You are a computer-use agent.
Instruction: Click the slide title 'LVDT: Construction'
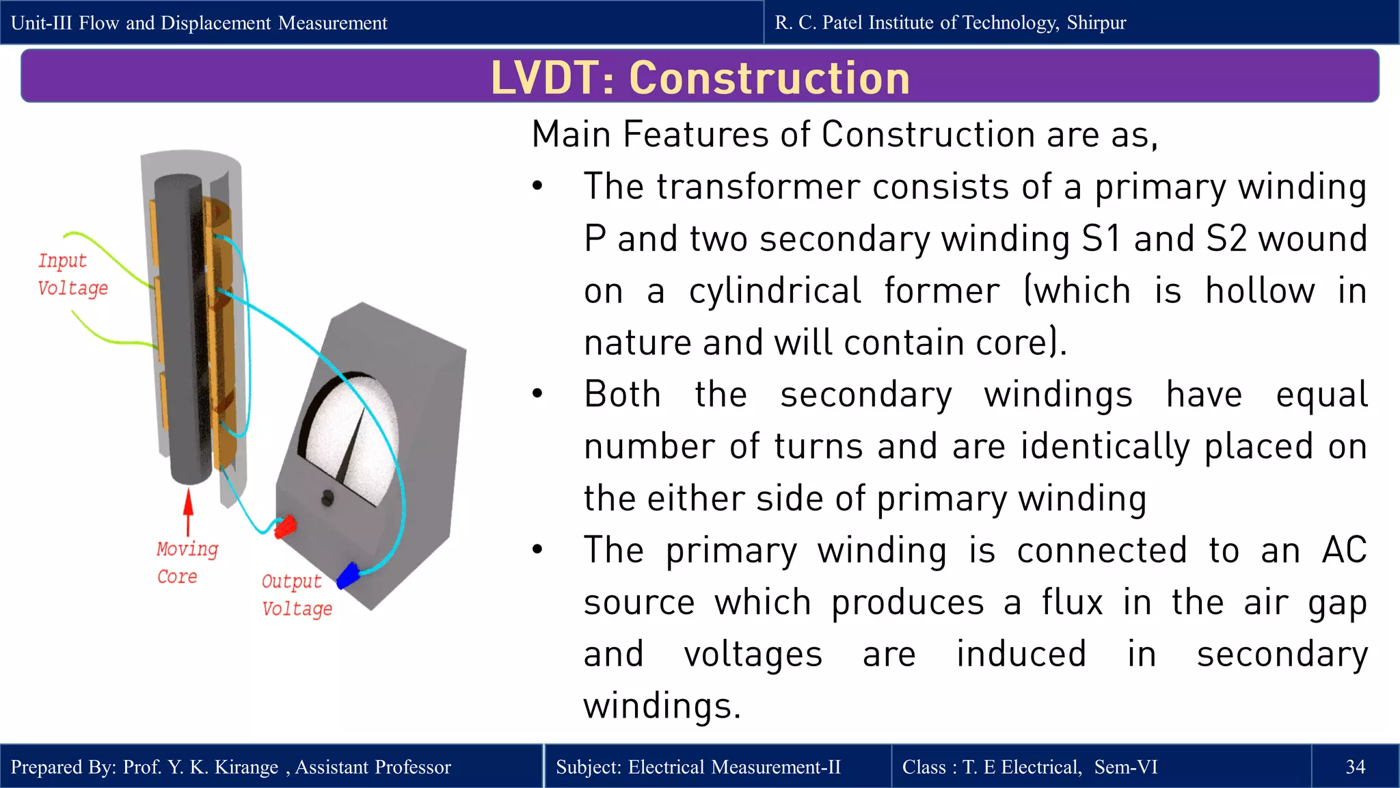pos(700,77)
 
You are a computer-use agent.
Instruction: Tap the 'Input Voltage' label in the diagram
pos(72,274)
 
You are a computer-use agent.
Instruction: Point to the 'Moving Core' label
pos(186,562)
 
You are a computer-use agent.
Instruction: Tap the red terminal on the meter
pos(285,527)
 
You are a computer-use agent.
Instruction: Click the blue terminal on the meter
pos(349,575)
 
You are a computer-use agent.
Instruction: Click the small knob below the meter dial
pos(327,498)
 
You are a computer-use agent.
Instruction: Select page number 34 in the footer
pos(1355,767)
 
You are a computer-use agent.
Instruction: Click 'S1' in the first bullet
pos(1101,239)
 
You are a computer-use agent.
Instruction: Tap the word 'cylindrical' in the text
pos(775,291)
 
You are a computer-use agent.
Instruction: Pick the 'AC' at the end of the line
pos(1343,550)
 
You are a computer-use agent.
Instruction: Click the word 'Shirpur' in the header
pos(1096,23)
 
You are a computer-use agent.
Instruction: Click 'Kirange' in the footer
pos(246,767)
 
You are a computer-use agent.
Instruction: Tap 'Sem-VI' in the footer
pos(1125,767)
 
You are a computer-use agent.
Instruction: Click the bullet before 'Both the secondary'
pos(538,394)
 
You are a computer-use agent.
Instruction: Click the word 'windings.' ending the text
pos(661,706)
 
